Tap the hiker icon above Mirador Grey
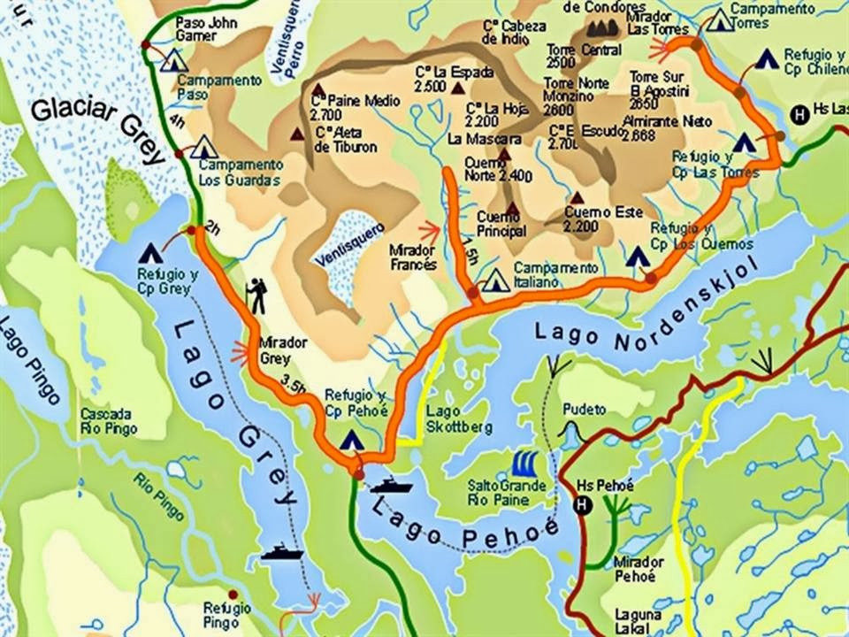coord(257,296)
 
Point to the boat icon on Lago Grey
coord(282,552)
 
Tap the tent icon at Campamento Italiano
coord(496,280)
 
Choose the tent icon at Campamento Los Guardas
coord(204,146)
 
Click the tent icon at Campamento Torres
coord(720,19)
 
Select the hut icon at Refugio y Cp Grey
coord(149,253)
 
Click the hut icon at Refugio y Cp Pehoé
coord(352,439)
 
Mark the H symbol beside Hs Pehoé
coord(582,504)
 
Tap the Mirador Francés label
coord(413,257)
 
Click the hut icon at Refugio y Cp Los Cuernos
coord(638,257)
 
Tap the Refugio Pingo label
coord(227,615)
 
